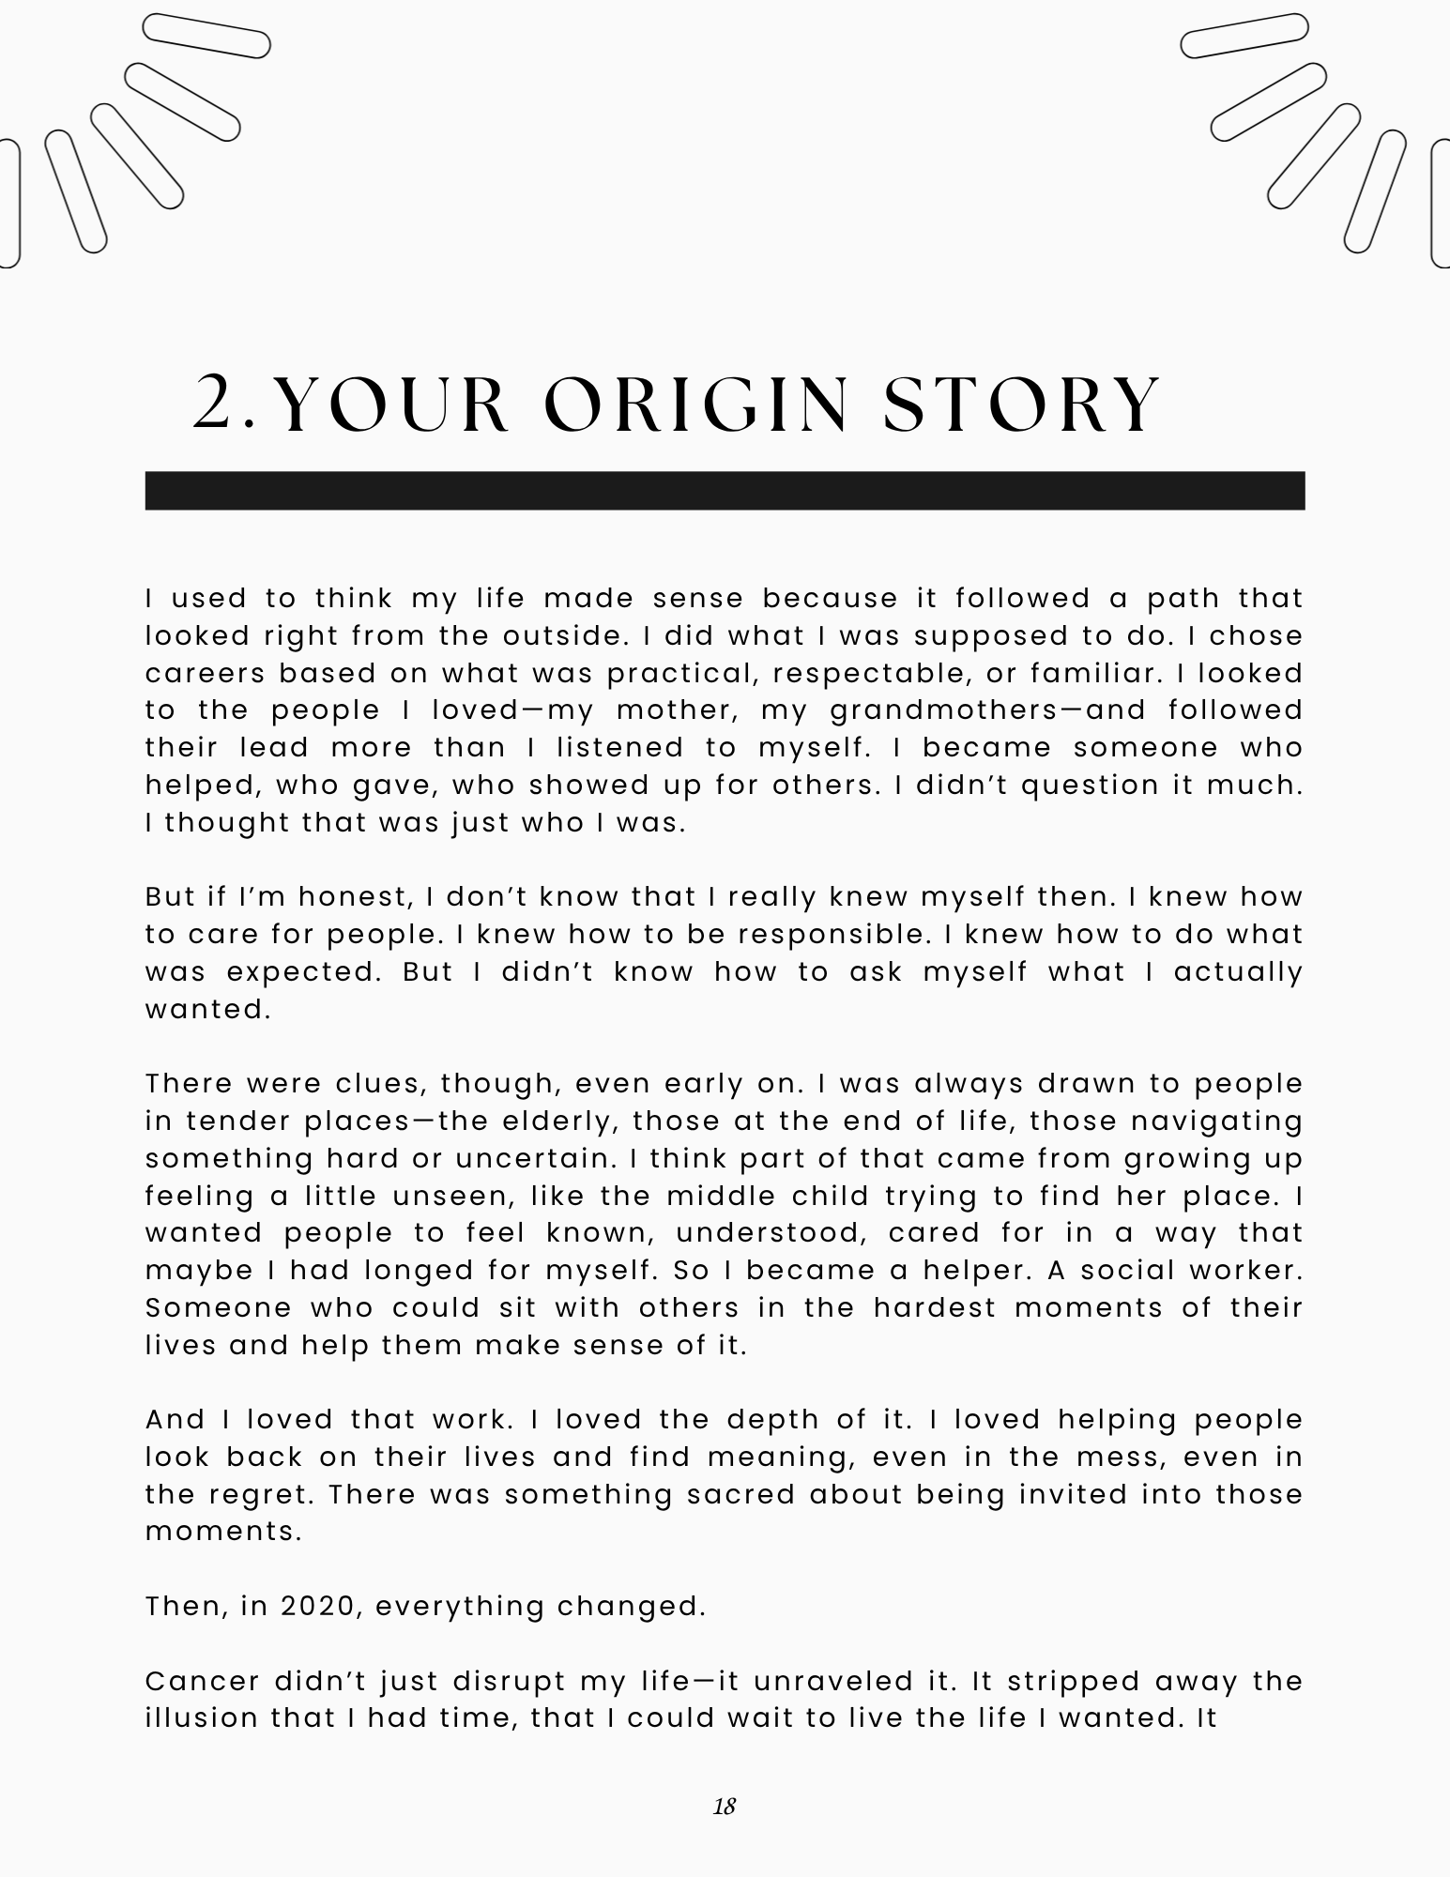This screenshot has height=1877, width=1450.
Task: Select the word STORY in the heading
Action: pos(1022,405)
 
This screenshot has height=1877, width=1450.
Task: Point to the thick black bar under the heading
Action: pos(725,491)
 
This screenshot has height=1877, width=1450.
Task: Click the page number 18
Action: pos(724,1806)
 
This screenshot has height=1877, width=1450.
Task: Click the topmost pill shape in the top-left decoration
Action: pos(206,37)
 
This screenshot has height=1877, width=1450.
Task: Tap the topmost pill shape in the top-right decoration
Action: pos(1244,37)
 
